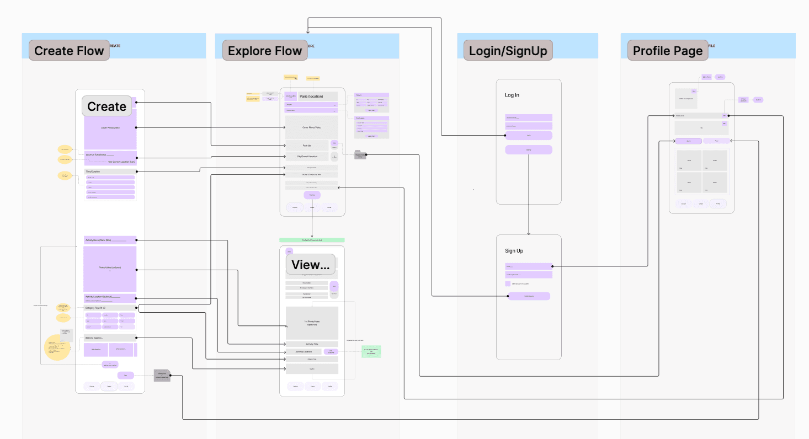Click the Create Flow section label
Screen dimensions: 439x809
tap(69, 51)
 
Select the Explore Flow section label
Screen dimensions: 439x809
tap(264, 51)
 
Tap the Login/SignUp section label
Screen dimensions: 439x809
tap(508, 51)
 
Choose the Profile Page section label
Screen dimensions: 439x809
tap(668, 51)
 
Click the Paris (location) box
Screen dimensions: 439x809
tap(311, 97)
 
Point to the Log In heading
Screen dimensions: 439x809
tap(512, 95)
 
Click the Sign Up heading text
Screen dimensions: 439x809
tap(514, 251)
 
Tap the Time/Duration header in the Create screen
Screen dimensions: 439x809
tap(109, 172)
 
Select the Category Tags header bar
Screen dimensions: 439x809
tap(109, 308)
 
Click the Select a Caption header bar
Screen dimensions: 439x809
tap(109, 338)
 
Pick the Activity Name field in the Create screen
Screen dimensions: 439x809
tap(109, 240)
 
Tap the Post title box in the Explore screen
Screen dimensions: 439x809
tap(307, 146)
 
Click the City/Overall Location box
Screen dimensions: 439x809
tap(307, 157)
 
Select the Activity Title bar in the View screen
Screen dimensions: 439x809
tap(311, 344)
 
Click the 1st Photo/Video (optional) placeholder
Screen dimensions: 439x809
tap(311, 323)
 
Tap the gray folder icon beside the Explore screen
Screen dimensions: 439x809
tap(359, 155)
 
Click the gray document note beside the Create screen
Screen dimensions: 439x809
tap(162, 376)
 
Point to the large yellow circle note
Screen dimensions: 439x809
tap(57, 347)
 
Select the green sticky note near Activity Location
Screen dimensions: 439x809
tap(371, 351)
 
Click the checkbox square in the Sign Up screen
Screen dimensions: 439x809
tap(508, 283)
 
